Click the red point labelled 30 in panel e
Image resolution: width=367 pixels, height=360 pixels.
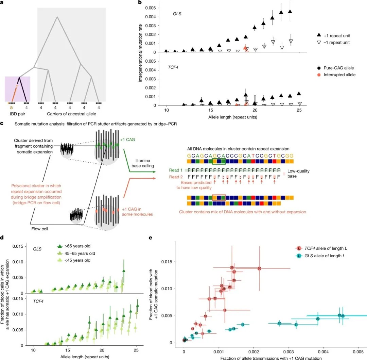[259, 268]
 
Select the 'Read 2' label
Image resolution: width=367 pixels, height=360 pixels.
[176, 176]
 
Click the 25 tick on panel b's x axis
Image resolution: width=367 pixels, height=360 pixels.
[299, 111]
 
